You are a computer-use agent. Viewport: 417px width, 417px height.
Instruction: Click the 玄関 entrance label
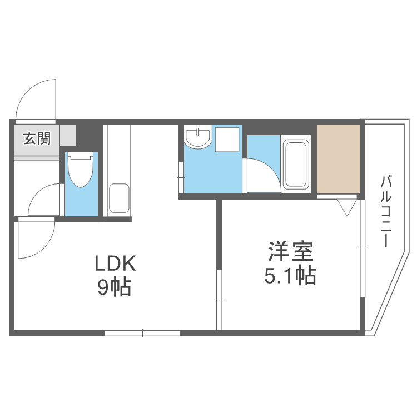click(x=37, y=137)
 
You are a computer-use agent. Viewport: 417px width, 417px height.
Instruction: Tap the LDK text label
click(x=114, y=263)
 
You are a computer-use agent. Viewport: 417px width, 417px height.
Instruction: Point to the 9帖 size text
click(x=114, y=287)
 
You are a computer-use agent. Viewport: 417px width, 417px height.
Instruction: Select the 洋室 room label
click(x=290, y=252)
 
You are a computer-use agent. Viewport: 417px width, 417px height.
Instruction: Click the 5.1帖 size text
click(x=290, y=275)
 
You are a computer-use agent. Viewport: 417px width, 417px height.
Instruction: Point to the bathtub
click(x=296, y=165)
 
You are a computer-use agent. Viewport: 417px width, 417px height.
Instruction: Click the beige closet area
click(x=338, y=159)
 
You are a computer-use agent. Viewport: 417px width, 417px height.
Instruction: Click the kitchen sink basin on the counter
click(x=119, y=198)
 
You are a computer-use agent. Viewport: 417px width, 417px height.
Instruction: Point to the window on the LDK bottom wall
click(x=142, y=333)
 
